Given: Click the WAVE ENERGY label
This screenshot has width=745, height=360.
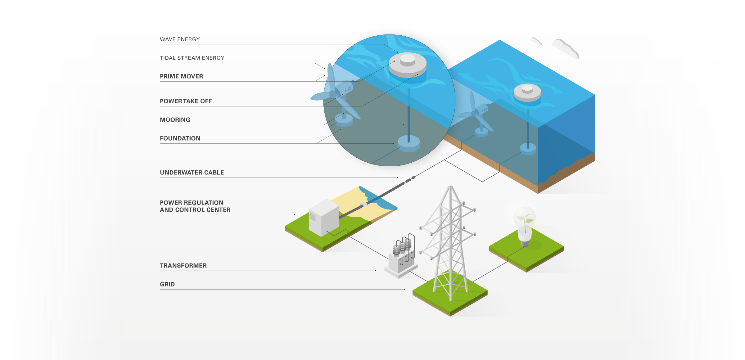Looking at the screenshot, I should [x=180, y=39].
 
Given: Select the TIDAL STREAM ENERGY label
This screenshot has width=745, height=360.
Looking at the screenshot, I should [x=192, y=58].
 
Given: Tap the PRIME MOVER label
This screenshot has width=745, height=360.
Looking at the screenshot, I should [x=181, y=76].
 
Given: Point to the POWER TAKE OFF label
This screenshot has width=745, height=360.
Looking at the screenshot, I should [x=186, y=101].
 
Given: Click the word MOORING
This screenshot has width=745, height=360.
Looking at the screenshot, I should [x=175, y=120].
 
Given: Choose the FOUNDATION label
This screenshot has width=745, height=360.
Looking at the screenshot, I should [x=180, y=138].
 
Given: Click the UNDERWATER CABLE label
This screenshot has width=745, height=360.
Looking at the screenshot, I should [x=192, y=173].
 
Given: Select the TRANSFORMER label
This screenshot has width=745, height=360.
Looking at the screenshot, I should [x=183, y=266].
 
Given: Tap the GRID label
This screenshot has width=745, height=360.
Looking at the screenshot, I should [x=167, y=284].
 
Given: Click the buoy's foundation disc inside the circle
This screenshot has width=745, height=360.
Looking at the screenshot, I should [x=409, y=143].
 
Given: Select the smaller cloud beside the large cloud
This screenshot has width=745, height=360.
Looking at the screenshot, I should [x=536, y=42].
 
